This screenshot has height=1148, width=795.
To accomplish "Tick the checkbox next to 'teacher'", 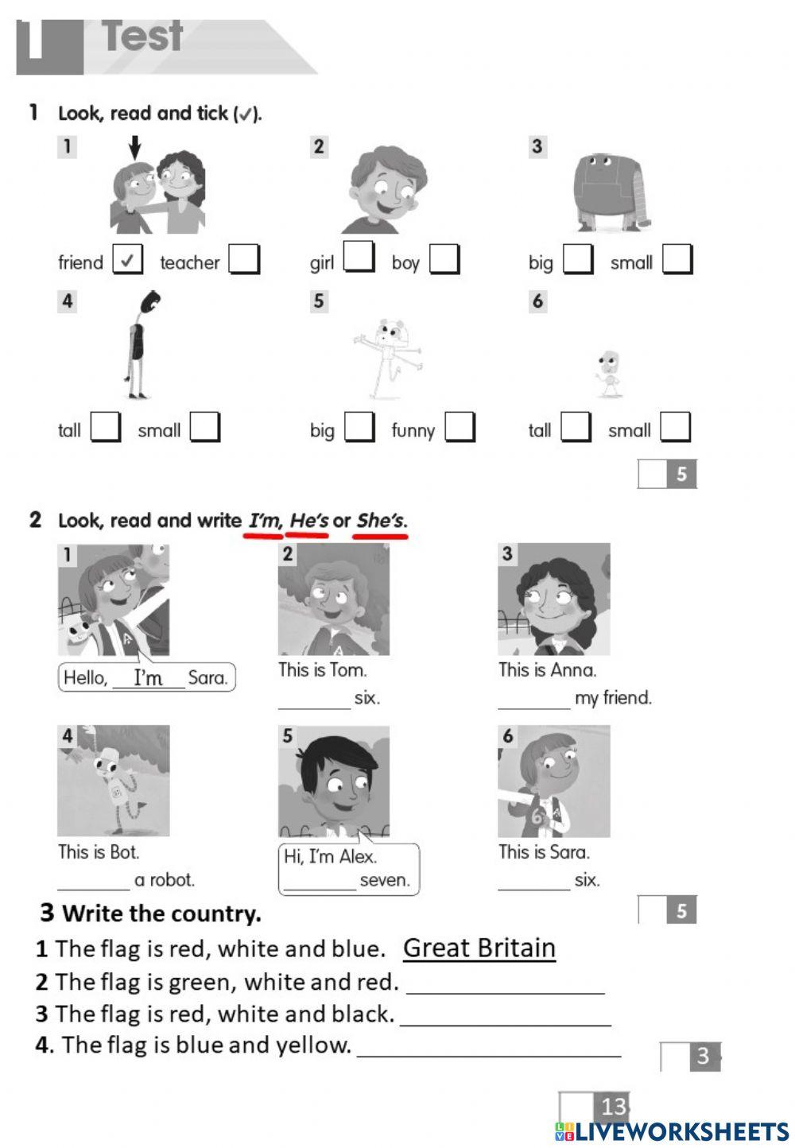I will pyautogui.click(x=244, y=259).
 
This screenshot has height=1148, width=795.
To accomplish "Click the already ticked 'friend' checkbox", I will pyautogui.click(x=127, y=259).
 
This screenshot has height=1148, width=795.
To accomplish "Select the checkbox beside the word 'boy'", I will pyautogui.click(x=444, y=259).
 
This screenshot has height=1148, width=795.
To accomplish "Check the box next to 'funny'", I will pyautogui.click(x=460, y=427).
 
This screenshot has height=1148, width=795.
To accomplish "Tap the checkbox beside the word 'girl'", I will pyautogui.click(x=359, y=258).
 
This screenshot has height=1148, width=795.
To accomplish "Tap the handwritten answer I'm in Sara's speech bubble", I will pyautogui.click(x=148, y=678).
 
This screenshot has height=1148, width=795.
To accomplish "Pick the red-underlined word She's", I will pyautogui.click(x=381, y=522).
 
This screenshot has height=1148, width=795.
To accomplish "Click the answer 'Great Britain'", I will pyautogui.click(x=479, y=948).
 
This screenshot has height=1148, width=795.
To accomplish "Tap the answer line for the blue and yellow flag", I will pyautogui.click(x=489, y=1048).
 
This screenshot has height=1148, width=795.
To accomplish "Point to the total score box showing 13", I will pyautogui.click(x=595, y=1106).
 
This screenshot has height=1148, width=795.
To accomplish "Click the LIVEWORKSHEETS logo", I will pyautogui.click(x=672, y=1131).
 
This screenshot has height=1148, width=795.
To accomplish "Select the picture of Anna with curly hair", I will pyautogui.click(x=554, y=599).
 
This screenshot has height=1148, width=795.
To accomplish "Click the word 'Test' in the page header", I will pyautogui.click(x=143, y=37).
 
